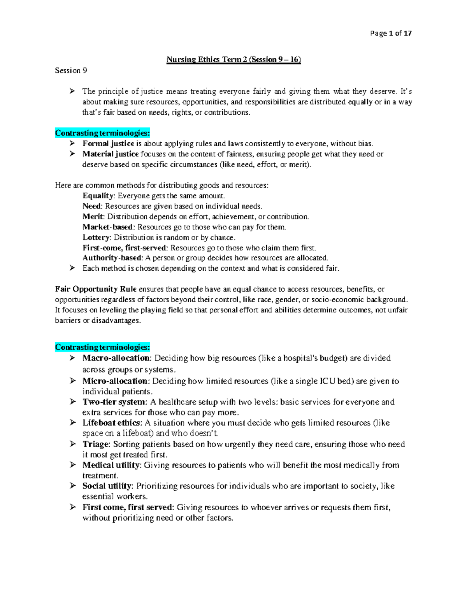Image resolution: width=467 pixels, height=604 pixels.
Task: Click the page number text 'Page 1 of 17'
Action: (391, 33)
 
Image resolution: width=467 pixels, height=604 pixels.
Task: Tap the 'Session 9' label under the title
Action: (71, 70)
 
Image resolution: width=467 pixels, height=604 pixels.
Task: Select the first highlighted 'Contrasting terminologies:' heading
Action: (102, 133)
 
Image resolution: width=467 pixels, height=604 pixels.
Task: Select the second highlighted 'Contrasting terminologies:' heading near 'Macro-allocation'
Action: (102, 347)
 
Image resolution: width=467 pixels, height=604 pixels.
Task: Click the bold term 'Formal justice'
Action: (108, 144)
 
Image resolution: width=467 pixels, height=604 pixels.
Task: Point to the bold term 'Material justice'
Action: (111, 154)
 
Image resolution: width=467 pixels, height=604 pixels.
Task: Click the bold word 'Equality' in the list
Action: (98, 196)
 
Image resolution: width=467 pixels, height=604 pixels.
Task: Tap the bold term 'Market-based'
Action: (108, 227)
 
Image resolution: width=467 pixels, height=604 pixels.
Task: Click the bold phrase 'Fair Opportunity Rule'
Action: (96, 289)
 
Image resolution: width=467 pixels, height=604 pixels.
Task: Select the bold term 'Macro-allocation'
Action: (116, 358)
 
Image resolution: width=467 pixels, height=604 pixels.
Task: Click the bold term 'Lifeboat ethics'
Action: (111, 423)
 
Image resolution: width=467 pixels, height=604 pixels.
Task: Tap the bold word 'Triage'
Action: (96, 444)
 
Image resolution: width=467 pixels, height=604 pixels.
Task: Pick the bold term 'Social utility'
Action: (107, 486)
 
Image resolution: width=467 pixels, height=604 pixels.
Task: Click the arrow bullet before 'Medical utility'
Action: (72, 465)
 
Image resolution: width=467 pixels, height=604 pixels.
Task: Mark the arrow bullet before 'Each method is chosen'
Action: (72, 268)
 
